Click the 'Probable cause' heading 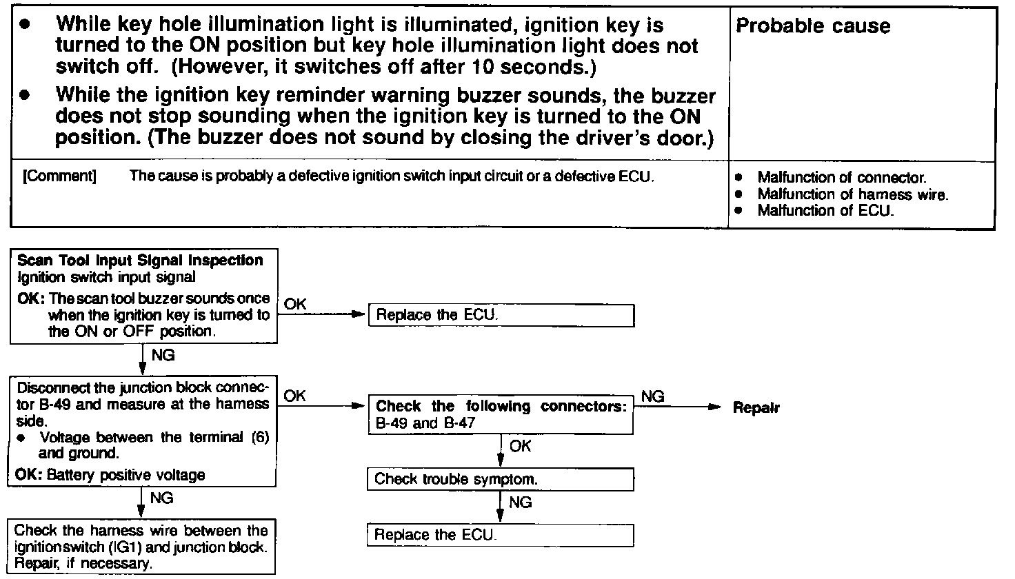[813, 27]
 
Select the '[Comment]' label [59, 176]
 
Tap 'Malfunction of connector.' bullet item [841, 178]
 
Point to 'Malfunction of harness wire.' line [852, 195]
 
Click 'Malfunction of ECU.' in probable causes [825, 211]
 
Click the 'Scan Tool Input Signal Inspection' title [140, 261]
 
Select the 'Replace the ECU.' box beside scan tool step [501, 316]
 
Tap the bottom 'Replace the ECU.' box [501, 535]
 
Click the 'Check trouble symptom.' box [501, 479]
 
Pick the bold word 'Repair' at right [756, 407]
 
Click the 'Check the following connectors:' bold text [501, 406]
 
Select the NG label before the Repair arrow [652, 396]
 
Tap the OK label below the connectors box [521, 447]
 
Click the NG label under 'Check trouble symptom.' [521, 502]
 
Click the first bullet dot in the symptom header [26, 24]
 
